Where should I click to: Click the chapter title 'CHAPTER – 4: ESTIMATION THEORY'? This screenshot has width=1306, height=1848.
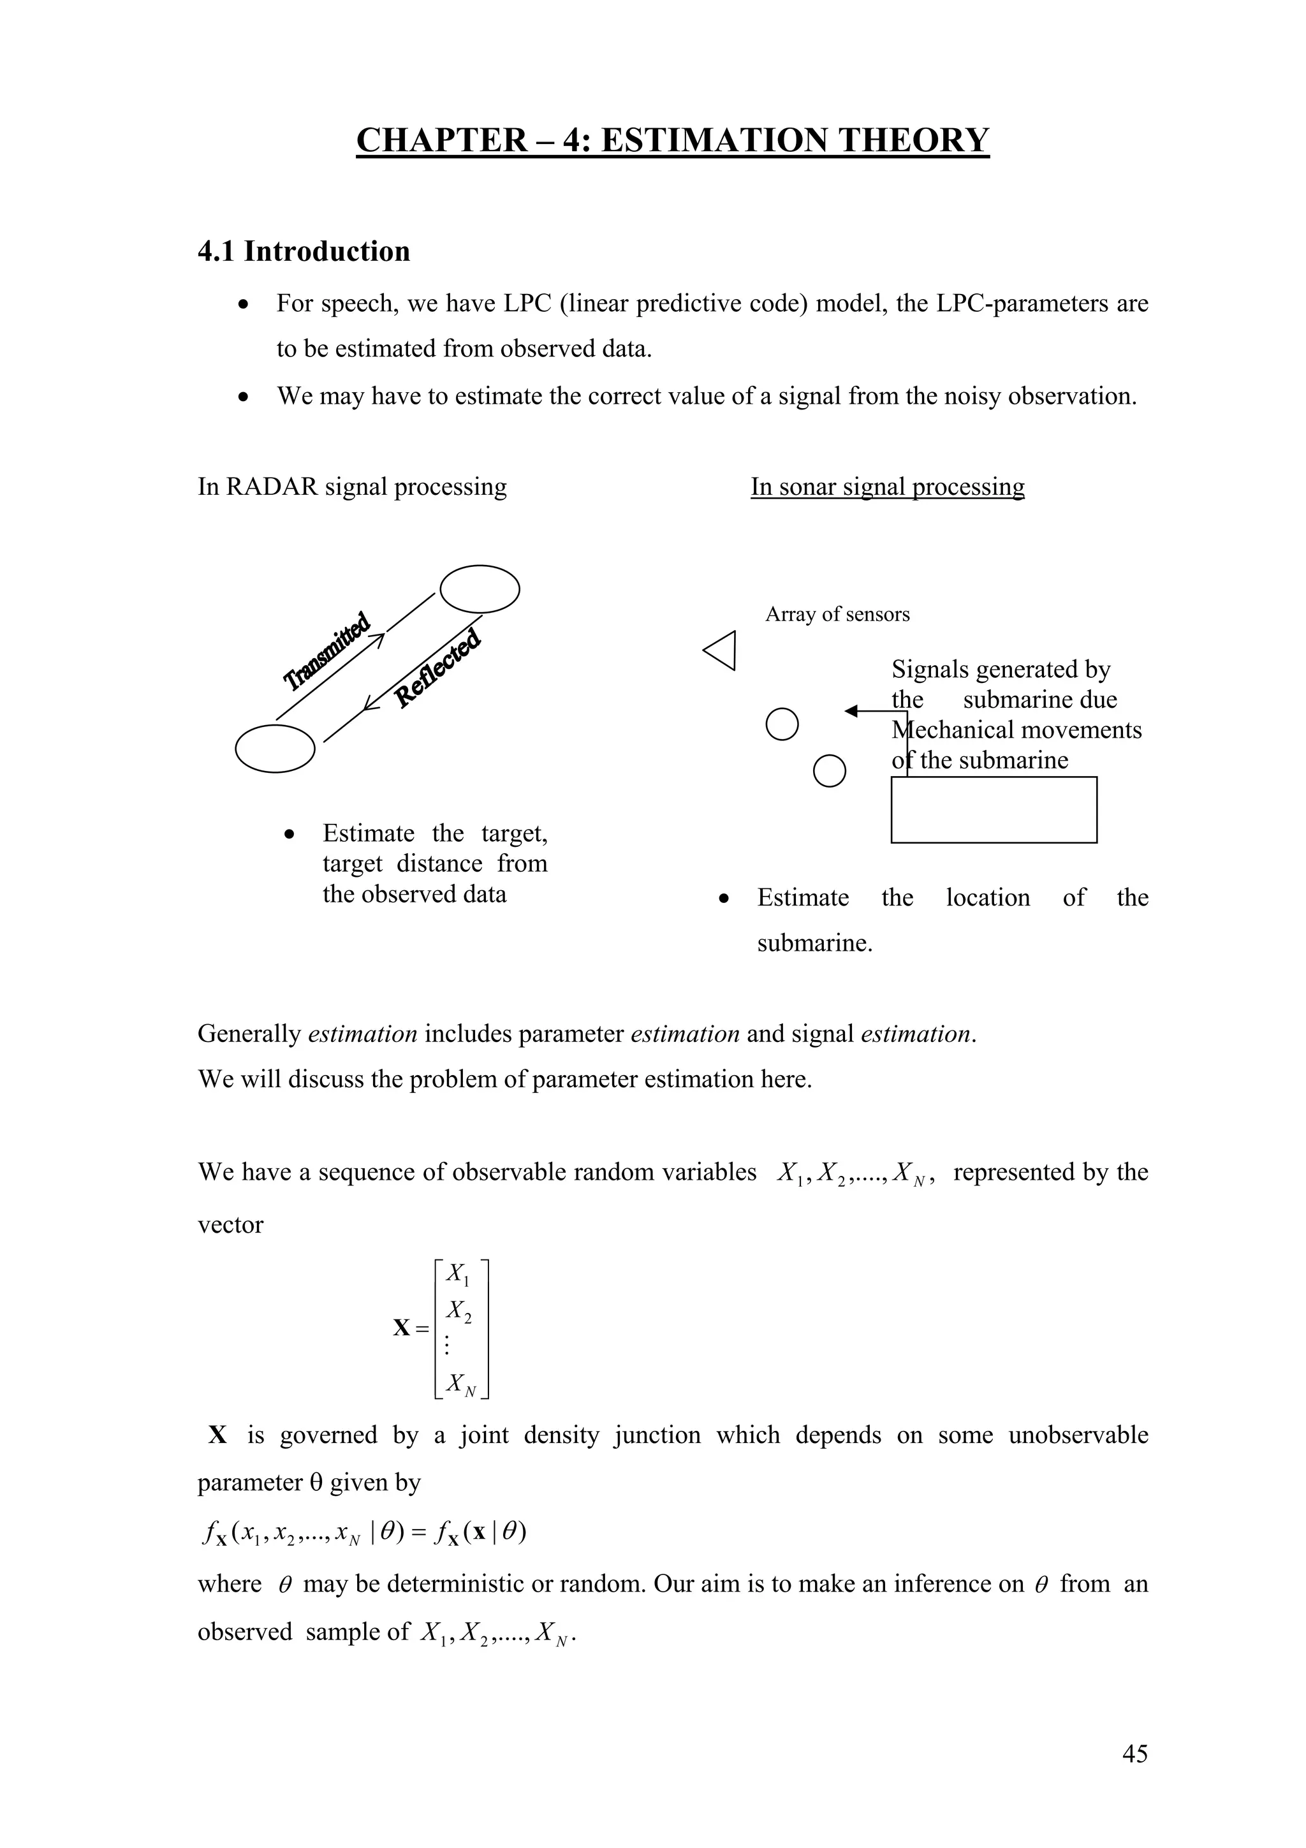672,140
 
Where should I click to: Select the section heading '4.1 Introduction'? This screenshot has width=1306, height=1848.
304,252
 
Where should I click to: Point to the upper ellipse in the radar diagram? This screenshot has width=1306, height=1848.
480,589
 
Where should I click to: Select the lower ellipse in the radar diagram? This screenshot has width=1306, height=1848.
275,749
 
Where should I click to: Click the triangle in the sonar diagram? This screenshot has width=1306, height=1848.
722,650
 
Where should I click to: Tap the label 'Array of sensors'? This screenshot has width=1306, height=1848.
837,615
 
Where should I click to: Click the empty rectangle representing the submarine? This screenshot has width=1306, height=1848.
993,810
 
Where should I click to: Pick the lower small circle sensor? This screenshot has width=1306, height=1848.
830,771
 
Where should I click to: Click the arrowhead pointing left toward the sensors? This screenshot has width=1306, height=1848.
851,711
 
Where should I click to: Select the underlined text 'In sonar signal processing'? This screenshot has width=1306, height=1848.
888,487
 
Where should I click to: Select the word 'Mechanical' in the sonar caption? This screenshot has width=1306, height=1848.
953,730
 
